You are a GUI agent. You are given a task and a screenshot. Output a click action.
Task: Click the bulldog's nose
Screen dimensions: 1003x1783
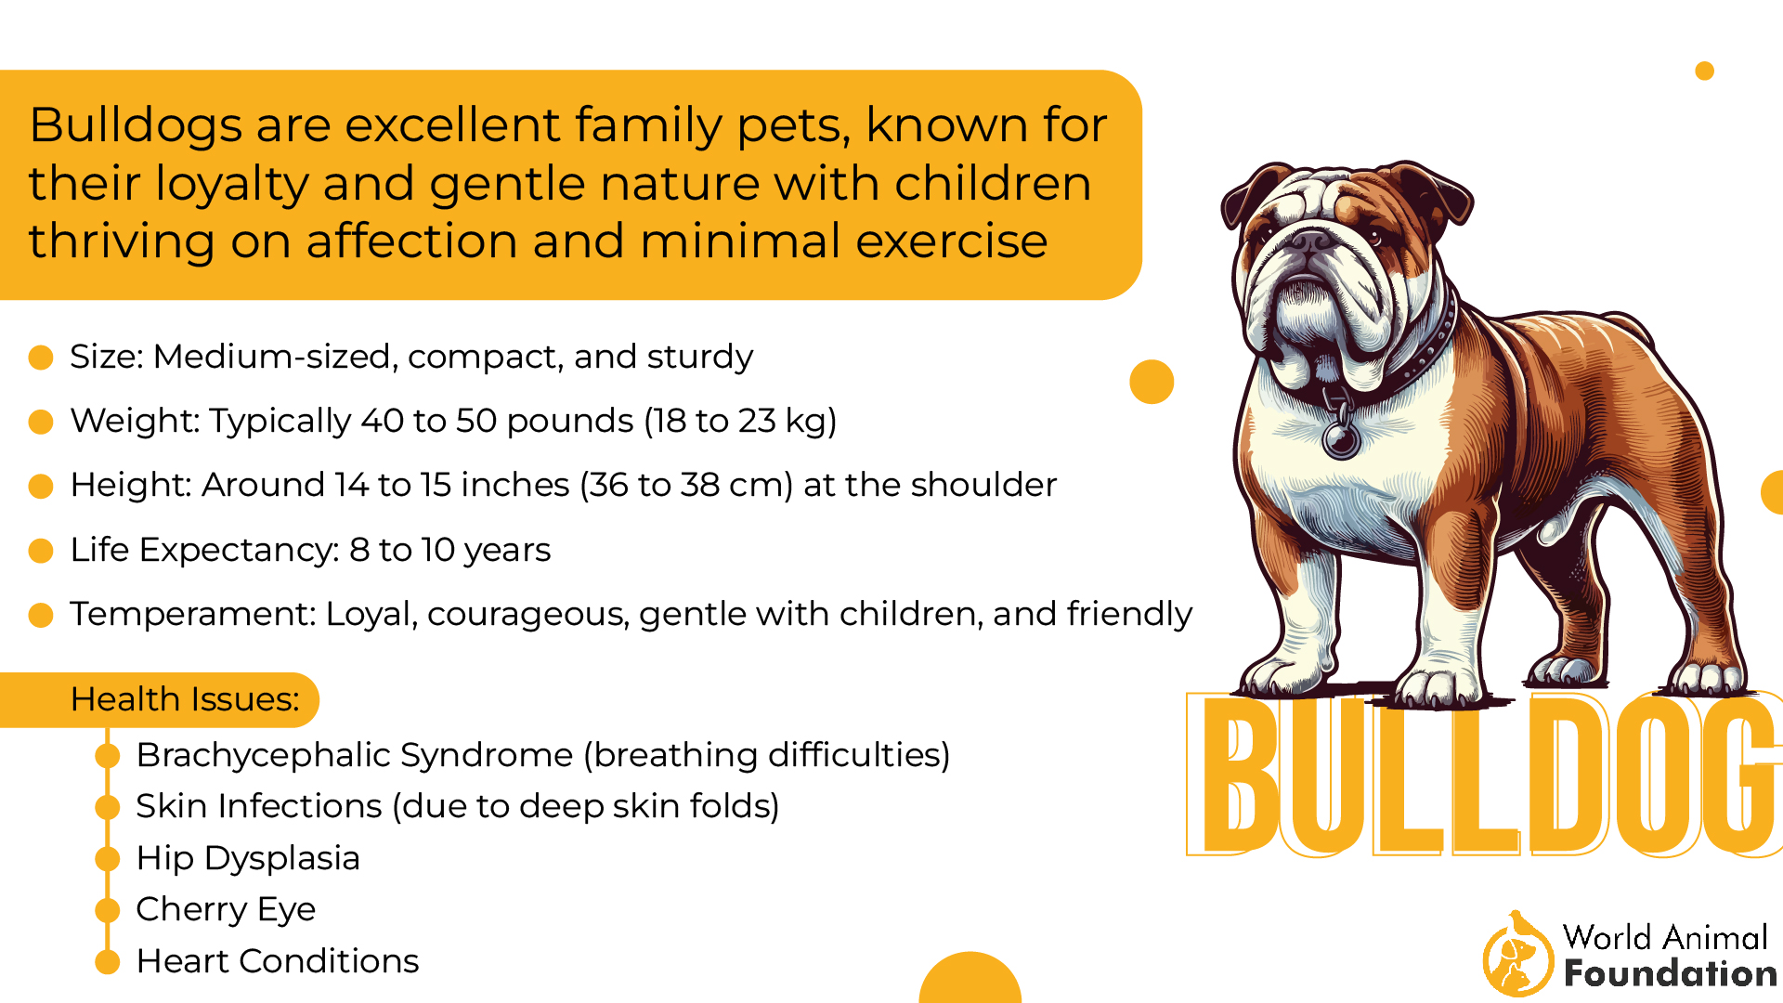point(1310,243)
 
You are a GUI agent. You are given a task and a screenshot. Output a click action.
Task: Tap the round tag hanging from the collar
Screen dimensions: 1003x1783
point(1341,439)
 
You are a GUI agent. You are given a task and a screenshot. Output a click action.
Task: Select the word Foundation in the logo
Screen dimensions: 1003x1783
point(1670,973)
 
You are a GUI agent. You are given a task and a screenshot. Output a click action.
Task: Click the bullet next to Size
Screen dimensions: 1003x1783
point(41,358)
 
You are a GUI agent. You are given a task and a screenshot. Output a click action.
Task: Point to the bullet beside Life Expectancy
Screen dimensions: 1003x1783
point(41,551)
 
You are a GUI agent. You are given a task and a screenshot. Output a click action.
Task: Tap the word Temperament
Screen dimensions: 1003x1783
point(192,614)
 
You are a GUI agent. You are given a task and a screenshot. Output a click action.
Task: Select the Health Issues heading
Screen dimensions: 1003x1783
point(185,699)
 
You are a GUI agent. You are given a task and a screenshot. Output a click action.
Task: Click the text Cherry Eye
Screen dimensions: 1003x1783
point(226,909)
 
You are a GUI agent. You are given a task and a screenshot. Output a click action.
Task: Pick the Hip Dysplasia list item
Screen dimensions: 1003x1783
point(248,858)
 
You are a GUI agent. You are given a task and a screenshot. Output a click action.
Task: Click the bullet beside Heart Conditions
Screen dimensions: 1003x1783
point(109,962)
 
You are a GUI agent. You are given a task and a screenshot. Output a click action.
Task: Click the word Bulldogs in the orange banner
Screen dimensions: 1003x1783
point(136,125)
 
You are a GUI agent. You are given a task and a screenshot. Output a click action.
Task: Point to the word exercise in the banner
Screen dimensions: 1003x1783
point(951,241)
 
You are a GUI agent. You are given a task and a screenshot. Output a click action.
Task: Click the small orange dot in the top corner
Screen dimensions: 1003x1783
point(1704,72)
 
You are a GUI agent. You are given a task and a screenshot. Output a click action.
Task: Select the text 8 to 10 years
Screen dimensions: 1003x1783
point(449,550)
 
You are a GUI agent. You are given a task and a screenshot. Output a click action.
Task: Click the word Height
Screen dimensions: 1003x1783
point(130,485)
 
